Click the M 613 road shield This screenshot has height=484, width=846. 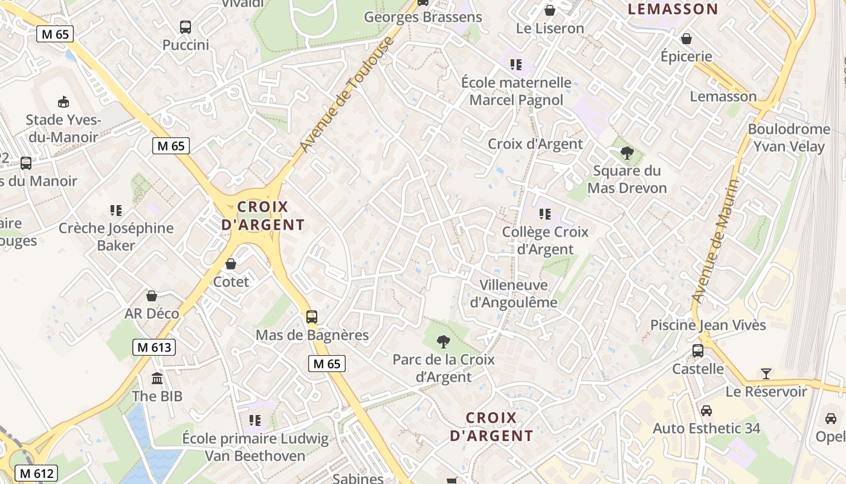click(154, 347)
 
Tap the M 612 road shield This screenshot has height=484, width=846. click(36, 473)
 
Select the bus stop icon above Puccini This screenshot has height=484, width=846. click(186, 27)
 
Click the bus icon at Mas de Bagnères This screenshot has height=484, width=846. click(312, 316)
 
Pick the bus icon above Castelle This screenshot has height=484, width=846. click(698, 351)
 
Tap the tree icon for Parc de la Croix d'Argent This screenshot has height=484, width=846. click(444, 341)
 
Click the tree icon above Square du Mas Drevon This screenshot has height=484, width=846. click(627, 152)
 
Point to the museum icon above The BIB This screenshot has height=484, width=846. click(157, 379)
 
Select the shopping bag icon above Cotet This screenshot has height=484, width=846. click(231, 264)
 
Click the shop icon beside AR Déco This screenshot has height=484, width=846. click(152, 296)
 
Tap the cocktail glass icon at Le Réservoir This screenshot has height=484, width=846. click(766, 373)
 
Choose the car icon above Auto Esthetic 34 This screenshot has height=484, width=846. click(706, 411)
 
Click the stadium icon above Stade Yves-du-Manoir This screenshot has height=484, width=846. click(63, 102)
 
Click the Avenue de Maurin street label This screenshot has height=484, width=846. click(716, 241)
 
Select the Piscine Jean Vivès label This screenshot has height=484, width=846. click(708, 325)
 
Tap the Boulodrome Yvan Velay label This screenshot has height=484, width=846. click(789, 137)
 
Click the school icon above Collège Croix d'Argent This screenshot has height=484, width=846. click(545, 214)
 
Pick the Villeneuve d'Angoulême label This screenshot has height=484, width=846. click(513, 293)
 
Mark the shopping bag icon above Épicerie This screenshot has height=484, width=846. click(686, 39)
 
